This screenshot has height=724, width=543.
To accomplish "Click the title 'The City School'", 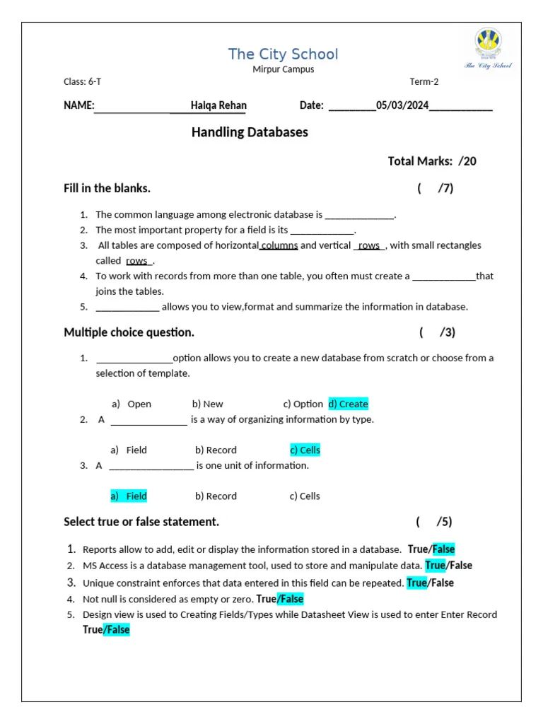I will pos(283,54).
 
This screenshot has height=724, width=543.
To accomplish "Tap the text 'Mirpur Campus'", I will pos(283,69).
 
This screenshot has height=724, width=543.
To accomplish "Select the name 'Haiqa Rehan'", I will pos(218,105).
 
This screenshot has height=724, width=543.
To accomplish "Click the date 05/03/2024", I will pos(402,105).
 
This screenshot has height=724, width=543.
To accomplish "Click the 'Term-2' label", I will pos(424,81).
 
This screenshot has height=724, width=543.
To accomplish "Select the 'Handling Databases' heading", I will pos(250,132).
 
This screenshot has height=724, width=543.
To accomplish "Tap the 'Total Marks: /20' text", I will pos(432,161).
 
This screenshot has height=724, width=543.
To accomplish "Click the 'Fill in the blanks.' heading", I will pos(107,188).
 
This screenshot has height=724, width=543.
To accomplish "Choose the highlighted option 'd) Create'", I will pos(348,404).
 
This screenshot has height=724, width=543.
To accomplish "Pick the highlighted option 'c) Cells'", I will pos(305,450).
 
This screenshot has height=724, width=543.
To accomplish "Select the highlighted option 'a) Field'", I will pos(129,496).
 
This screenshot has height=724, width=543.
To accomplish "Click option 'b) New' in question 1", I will pos(207,404).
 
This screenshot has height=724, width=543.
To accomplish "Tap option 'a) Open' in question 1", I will pos(132,404).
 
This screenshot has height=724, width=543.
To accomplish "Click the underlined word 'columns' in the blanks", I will pos(279,245).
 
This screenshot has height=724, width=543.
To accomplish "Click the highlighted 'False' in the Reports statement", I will pos(443,549).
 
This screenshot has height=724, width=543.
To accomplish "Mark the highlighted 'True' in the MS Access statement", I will pos(435,566).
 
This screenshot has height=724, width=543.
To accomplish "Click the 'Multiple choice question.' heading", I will pos(129,332).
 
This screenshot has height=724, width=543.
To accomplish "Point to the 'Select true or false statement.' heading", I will pos(141,522).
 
